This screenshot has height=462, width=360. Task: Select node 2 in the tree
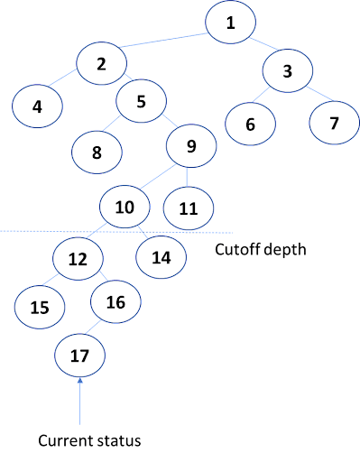point(101,63)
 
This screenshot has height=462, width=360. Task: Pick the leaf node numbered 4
point(37,106)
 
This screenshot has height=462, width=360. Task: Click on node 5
point(142,102)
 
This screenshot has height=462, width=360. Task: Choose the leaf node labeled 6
point(250,125)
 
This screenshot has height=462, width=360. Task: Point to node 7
point(334,124)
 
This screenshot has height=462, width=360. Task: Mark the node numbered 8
point(97,152)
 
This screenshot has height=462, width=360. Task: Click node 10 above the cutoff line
point(125,208)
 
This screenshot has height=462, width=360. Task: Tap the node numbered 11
point(188,209)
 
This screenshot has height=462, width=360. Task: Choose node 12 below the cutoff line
point(78,260)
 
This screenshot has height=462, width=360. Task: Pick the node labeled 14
point(162,257)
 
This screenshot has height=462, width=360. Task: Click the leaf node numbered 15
point(40,307)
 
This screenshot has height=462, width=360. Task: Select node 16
point(115,302)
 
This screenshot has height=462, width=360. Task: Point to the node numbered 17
point(80,356)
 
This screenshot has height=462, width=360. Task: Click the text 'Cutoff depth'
point(260,248)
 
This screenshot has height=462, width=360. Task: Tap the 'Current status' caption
point(89,441)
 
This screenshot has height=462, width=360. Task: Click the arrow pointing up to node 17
point(79,402)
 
